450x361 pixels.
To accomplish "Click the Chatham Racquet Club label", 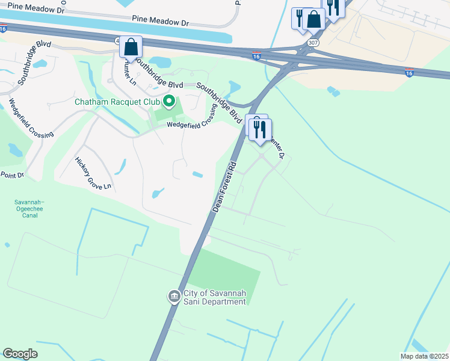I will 118,101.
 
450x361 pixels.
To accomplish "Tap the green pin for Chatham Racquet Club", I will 169,101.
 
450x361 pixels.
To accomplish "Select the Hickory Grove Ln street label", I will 93,173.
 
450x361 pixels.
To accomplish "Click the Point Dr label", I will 12,175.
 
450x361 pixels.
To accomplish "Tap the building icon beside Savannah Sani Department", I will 174,297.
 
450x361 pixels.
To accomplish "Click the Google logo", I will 20,354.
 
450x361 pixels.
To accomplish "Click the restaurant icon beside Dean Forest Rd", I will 260,129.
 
